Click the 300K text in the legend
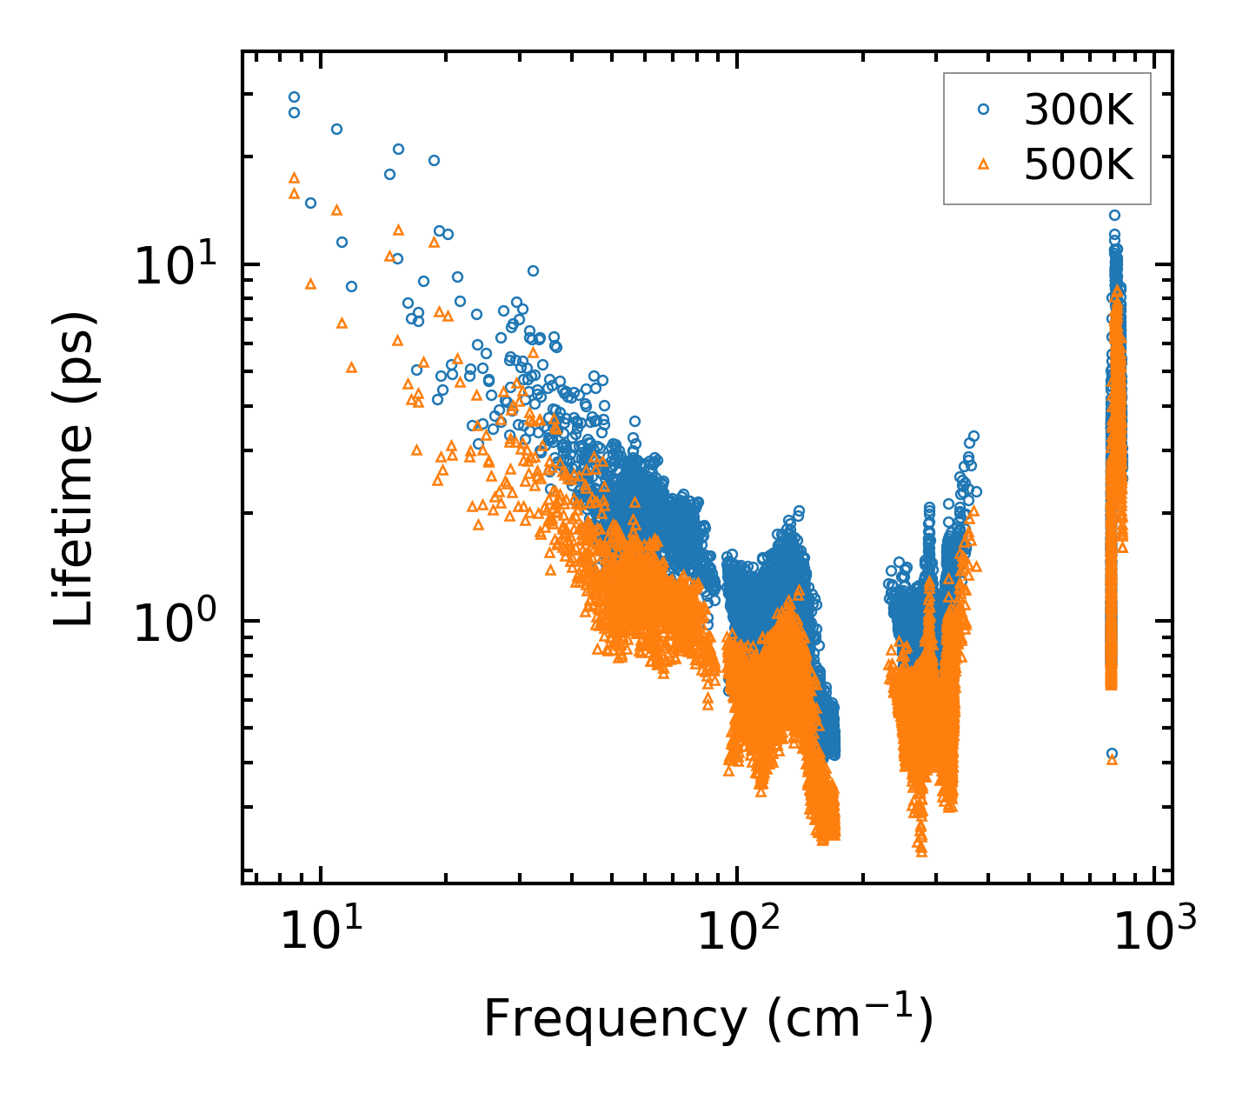[x=1079, y=110]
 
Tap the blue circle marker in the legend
[x=984, y=109]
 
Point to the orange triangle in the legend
[x=984, y=163]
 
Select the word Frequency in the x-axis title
[x=614, y=1018]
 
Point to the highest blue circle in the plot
[x=294, y=97]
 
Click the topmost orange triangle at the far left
[x=294, y=177]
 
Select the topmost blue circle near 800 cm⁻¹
[x=1113, y=215]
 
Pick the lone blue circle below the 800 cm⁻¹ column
[x=1112, y=754]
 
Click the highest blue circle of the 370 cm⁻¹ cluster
[x=973, y=436]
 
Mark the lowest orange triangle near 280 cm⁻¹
[x=920, y=850]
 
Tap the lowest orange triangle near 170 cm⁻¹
[x=825, y=839]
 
